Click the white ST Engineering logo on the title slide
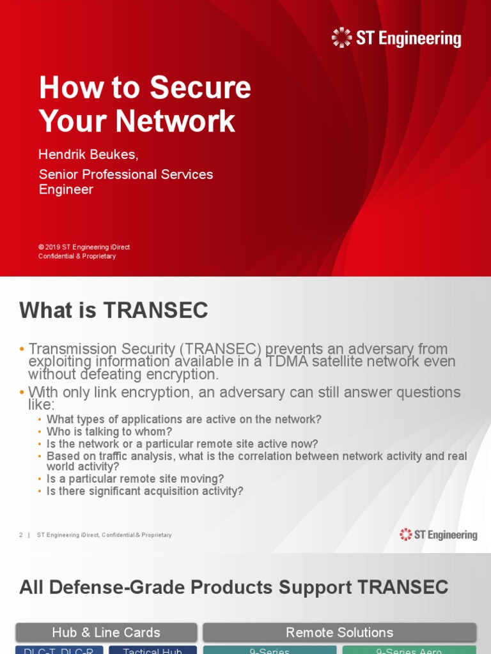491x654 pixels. [396, 38]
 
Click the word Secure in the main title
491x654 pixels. [206, 88]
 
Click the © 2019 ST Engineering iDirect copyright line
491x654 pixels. [84, 247]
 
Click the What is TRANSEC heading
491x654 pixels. [114, 311]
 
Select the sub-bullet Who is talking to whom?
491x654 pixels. [109, 432]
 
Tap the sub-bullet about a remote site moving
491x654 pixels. [135, 479]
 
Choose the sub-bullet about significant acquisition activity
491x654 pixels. [144, 491]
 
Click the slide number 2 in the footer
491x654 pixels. [21, 535]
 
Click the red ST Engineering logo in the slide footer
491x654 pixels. [439, 535]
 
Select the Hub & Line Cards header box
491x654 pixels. [106, 632]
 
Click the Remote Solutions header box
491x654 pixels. [339, 632]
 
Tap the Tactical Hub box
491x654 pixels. [152, 650]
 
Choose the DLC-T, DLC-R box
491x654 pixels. [59, 650]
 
